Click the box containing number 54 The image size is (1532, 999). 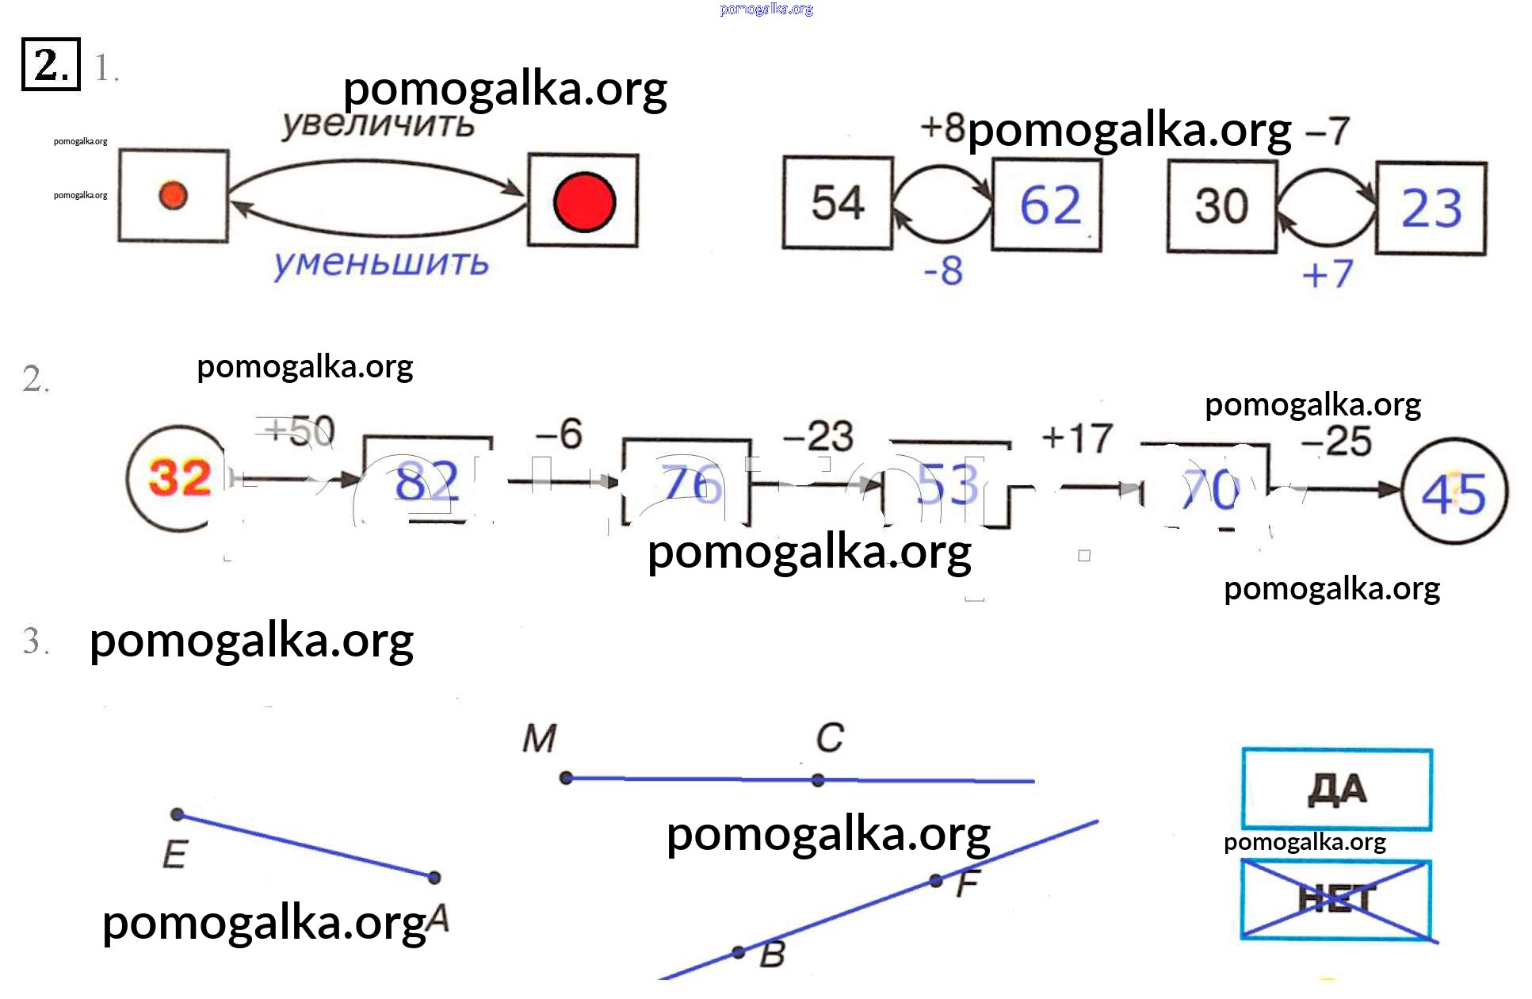click(838, 203)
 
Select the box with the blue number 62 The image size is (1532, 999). click(1047, 205)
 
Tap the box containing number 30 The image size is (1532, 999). click(1221, 206)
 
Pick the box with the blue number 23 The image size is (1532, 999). click(1431, 209)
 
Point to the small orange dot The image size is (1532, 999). click(173, 195)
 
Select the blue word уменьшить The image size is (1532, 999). click(381, 263)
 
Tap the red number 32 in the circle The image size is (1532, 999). click(180, 478)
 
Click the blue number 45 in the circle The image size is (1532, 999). click(1454, 493)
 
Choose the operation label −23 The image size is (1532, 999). click(818, 436)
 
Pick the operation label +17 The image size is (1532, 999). click(1077, 438)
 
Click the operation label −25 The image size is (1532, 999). click(1336, 442)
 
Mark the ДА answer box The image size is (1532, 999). click(1337, 789)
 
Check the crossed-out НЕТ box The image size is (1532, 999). click(1337, 900)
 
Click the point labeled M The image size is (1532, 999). click(566, 778)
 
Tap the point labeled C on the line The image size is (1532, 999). click(818, 780)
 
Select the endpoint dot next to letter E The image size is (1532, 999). click(178, 814)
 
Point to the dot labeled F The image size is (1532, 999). click(936, 880)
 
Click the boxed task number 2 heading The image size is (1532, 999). click(51, 64)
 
